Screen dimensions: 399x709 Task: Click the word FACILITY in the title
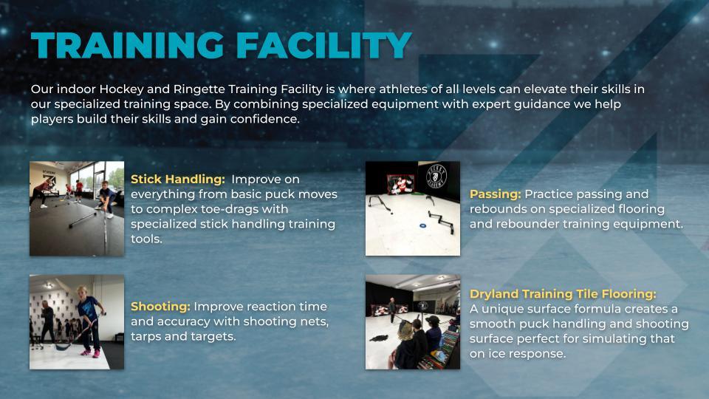pos(322,46)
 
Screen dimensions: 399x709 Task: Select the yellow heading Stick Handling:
pos(178,179)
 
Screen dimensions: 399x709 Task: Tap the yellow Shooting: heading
pos(160,306)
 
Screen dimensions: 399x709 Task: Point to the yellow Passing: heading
pos(495,194)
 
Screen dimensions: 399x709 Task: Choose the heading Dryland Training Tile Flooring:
pos(563,293)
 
